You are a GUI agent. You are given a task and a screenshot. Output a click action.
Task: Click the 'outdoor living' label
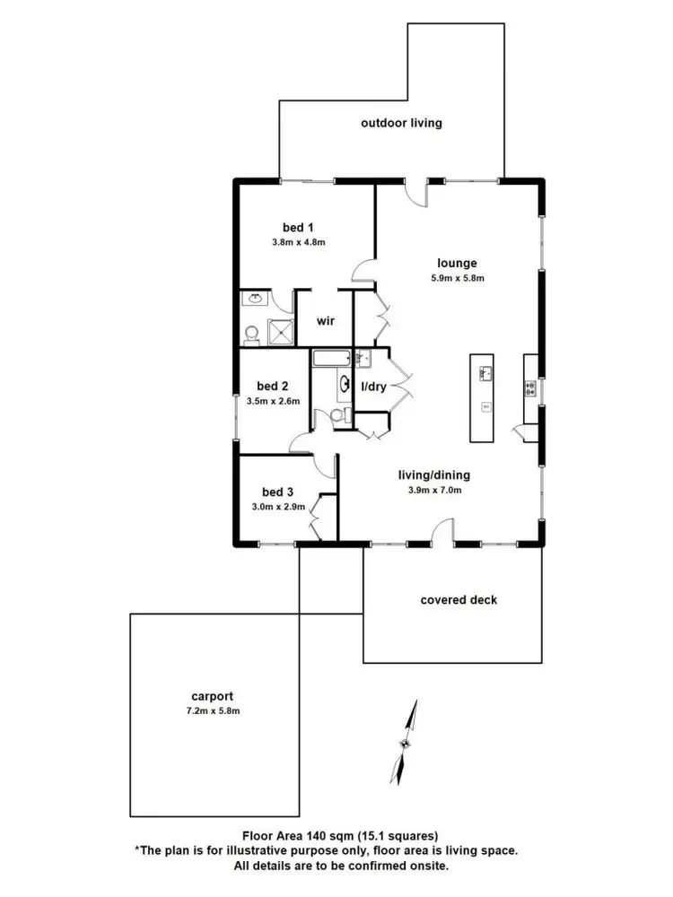pyautogui.click(x=401, y=123)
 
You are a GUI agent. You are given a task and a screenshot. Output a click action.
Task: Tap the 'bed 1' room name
pyautogui.click(x=297, y=228)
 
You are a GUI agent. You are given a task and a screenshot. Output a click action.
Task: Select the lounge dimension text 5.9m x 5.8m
pyautogui.click(x=457, y=278)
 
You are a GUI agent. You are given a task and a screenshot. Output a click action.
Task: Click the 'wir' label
pyautogui.click(x=325, y=320)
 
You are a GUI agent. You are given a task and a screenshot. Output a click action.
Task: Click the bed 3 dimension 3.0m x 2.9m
pyautogui.click(x=278, y=507)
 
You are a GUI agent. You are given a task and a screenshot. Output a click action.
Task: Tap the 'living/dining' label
pyautogui.click(x=434, y=475)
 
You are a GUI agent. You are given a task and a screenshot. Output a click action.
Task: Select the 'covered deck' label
pyautogui.click(x=459, y=599)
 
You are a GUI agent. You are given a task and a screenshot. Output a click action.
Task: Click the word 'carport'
pyautogui.click(x=213, y=695)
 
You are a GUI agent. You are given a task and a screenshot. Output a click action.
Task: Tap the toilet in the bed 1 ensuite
pyautogui.click(x=251, y=334)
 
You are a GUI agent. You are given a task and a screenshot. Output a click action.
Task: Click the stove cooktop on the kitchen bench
pyautogui.click(x=530, y=388)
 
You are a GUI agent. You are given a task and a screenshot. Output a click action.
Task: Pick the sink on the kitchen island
pyautogui.click(x=485, y=370)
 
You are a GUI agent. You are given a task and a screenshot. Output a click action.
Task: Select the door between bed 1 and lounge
pyautogui.click(x=363, y=268)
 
